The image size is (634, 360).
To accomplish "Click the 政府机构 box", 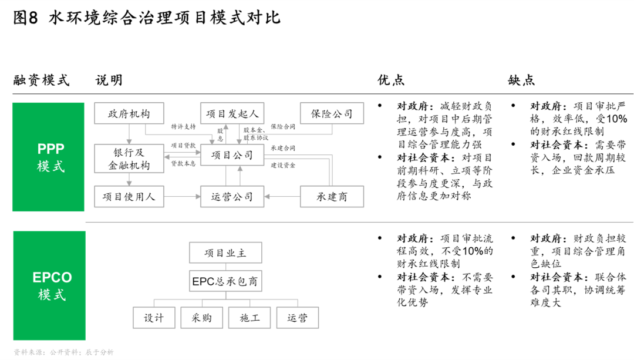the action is [129, 113].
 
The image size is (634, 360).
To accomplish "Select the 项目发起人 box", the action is [232, 113].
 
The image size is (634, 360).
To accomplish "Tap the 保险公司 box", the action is [332, 113].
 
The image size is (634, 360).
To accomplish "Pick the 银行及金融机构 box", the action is [129, 159].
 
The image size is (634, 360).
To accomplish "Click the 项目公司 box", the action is [232, 155].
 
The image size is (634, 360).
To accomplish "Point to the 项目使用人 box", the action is [129, 197].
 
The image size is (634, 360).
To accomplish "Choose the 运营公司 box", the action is [232, 197].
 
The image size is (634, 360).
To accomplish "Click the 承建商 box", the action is [332, 197].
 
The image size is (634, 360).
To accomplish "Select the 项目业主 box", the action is [225, 253].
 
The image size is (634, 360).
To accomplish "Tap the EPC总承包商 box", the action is [225, 281].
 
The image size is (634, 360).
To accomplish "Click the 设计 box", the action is [154, 318].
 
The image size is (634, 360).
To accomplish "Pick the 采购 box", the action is [202, 318].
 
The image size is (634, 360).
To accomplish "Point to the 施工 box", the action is [249, 318].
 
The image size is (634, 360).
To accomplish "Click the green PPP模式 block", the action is [49, 157].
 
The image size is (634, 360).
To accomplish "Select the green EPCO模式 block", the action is [49, 285].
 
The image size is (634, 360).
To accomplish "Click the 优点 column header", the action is [391, 80].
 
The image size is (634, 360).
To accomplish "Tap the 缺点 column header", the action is [522, 80].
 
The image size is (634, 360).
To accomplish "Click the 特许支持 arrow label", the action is [183, 127].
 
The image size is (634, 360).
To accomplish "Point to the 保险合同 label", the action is [283, 127].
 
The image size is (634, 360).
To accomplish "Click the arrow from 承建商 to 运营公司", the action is [282, 197].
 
